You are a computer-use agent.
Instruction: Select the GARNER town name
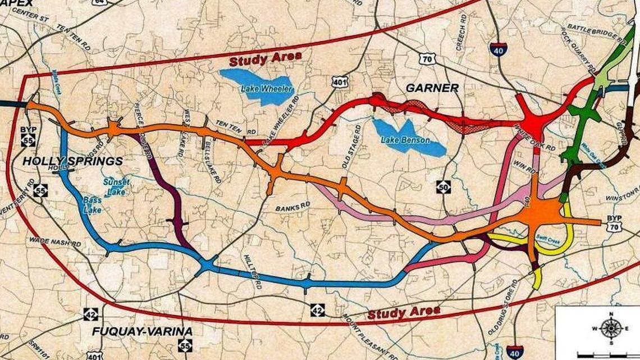[x=432, y=88]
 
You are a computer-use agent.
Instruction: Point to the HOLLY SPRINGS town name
[x=72, y=161]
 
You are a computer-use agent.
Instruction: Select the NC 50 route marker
[x=444, y=186]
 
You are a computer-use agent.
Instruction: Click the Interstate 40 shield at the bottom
[x=514, y=352]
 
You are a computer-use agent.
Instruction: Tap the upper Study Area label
[x=265, y=58]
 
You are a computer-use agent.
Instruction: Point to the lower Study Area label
[x=404, y=312]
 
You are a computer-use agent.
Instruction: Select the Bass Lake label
[x=93, y=204]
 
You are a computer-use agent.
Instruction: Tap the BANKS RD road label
[x=292, y=207]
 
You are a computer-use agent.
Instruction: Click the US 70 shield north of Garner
[x=427, y=58]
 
